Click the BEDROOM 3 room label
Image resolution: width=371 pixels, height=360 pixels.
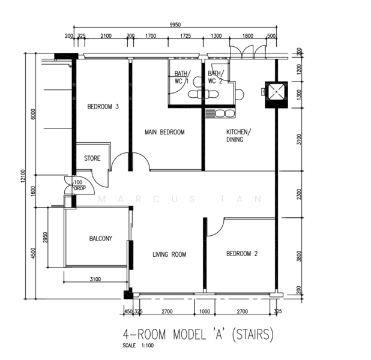[x=103, y=107]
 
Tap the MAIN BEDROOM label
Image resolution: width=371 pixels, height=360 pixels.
[x=164, y=132]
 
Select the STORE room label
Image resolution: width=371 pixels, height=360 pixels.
[x=92, y=158]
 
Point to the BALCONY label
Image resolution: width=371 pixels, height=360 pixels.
[x=101, y=238]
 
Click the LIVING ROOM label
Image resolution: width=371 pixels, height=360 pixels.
[x=169, y=254]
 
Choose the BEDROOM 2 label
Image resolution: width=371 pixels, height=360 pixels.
[x=242, y=254]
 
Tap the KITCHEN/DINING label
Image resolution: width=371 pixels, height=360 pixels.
[x=238, y=136]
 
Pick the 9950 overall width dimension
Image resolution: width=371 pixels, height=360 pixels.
[x=175, y=25]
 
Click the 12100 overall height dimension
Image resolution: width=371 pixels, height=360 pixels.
[x=23, y=176]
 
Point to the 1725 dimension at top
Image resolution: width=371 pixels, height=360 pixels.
[x=185, y=36]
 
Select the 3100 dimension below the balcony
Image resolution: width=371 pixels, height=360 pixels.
[x=95, y=279]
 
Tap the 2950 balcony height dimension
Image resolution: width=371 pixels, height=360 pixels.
[x=46, y=238]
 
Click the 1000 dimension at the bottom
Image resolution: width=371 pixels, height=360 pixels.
[x=205, y=311]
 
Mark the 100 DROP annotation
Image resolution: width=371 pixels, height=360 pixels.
[x=79, y=185]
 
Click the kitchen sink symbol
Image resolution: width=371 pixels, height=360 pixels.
[x=220, y=113]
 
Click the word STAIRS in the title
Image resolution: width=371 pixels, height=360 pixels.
[x=253, y=334]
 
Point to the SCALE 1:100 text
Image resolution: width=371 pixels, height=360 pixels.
[x=138, y=346]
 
